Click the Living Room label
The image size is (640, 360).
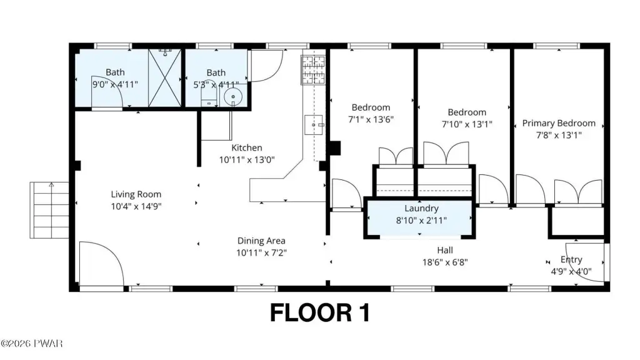136,194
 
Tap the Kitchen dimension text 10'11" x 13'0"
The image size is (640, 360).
246,159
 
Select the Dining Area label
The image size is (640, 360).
261,241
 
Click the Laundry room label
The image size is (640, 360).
421,209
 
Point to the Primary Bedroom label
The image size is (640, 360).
558,123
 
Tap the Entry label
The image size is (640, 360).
571,259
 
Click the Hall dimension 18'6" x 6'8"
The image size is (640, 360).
445,262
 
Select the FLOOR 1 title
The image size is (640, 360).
320,312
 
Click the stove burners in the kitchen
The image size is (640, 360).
313,70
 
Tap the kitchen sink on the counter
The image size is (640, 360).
314,125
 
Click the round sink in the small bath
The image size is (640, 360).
233,97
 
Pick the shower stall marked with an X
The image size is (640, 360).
164,78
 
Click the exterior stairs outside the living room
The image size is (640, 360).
49,210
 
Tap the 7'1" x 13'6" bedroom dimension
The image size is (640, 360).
371,119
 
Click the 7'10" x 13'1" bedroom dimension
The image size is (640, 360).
467,124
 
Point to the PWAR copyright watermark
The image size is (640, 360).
31,344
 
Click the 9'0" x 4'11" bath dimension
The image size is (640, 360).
115,84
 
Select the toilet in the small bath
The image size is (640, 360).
209,97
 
